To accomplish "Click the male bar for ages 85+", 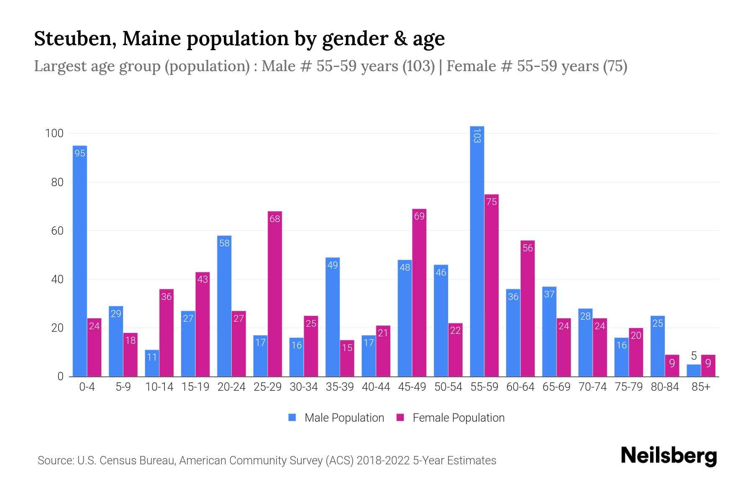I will tap(694, 371).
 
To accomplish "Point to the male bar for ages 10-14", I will tap(152, 364).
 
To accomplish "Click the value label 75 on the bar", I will tap(492, 202).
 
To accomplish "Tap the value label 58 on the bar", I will tap(224, 243).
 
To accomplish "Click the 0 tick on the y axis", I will tap(61, 376).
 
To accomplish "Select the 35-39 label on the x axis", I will tap(340, 387).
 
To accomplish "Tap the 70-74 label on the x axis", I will tap(592, 387).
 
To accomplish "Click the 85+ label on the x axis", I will tap(701, 387).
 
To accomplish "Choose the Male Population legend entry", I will tap(337, 418).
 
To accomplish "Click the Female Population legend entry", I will tap(451, 418).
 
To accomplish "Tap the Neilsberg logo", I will tap(668, 456).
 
